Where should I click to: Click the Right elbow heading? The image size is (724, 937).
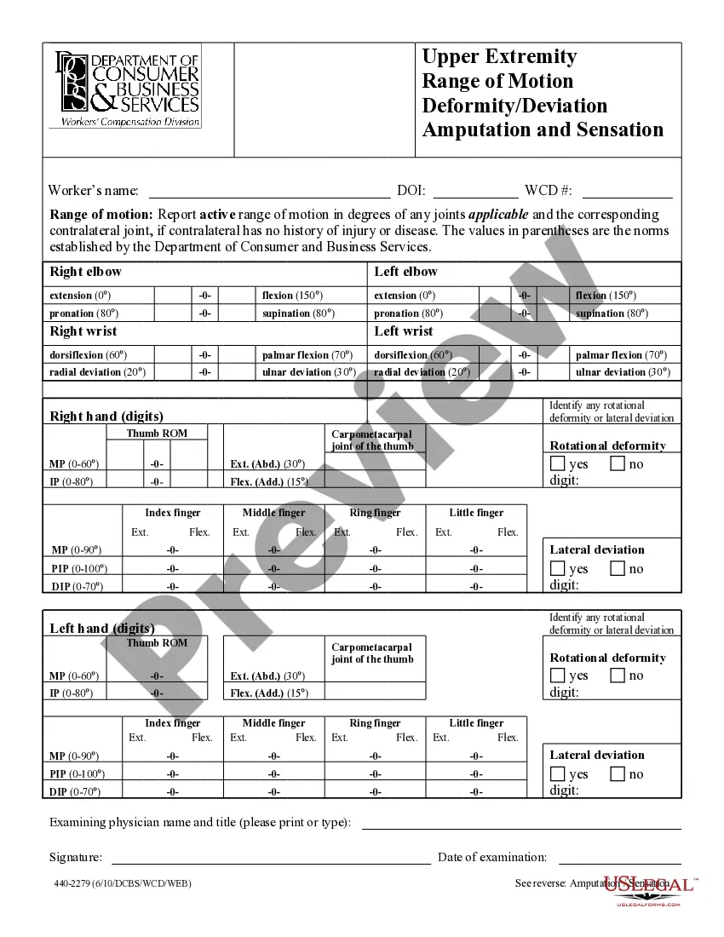point(85,272)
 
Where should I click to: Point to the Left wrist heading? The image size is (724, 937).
point(404,331)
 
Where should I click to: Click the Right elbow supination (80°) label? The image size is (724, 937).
point(298,313)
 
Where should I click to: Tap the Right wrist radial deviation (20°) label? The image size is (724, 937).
point(97,372)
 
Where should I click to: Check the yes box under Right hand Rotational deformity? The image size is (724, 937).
point(557,464)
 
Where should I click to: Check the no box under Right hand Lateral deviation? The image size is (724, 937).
point(618,569)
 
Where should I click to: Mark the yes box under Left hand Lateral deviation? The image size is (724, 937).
point(557,774)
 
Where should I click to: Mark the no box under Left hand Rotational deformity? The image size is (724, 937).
point(618,675)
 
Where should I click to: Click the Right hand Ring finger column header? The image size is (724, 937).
point(375,513)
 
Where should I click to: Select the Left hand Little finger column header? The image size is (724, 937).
point(476,723)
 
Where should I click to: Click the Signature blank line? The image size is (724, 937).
point(271,859)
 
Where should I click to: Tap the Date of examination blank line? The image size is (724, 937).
point(619,859)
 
